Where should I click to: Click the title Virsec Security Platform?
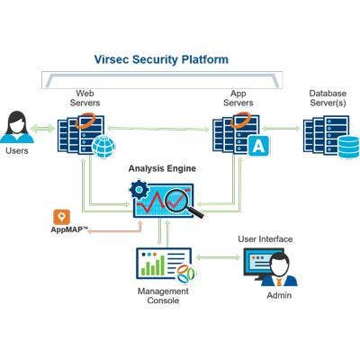pyautogui.click(x=161, y=59)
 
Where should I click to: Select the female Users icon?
pyautogui.click(x=17, y=127)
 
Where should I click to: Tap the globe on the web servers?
pyautogui.click(x=103, y=147)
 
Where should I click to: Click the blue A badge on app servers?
pyautogui.click(x=258, y=146)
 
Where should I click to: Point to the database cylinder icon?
pyautogui.click(x=348, y=147)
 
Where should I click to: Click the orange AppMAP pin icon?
pyautogui.click(x=61, y=217)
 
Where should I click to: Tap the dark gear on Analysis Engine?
pyautogui.click(x=139, y=189)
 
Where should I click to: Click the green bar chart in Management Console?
pyautogui.click(x=153, y=265)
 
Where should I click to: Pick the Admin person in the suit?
pyautogui.click(x=279, y=270)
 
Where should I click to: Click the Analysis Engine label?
pyautogui.click(x=162, y=168)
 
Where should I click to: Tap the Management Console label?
pyautogui.click(x=163, y=295)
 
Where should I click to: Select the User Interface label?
pyautogui.click(x=265, y=239)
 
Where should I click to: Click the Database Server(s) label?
pyautogui.click(x=328, y=98)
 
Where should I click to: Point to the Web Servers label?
pyautogui.click(x=85, y=98)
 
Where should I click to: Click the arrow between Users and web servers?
pyautogui.click(x=43, y=129)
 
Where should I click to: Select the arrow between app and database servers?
pyautogui.click(x=281, y=128)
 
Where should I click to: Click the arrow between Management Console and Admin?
pyautogui.click(x=219, y=257)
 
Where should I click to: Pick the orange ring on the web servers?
pyautogui.click(x=85, y=121)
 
